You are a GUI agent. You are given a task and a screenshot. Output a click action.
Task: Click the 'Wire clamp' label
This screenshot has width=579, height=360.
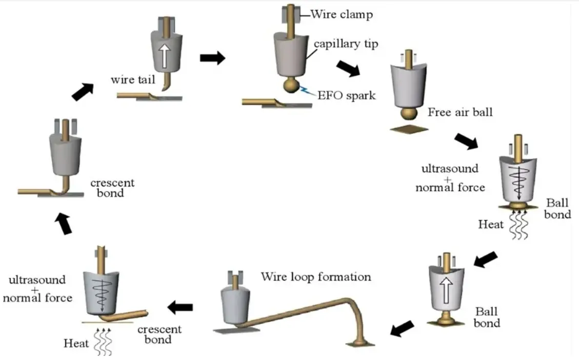342,14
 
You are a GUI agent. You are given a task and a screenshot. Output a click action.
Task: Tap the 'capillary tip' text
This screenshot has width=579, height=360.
346,44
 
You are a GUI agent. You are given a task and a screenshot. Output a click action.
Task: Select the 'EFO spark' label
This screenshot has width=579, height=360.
346,95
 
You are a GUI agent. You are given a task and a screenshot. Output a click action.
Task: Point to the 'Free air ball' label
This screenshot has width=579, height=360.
460,112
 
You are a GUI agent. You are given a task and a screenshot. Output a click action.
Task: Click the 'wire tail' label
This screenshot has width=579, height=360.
133,79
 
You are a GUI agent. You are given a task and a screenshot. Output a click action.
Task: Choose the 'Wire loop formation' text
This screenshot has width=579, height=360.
316,276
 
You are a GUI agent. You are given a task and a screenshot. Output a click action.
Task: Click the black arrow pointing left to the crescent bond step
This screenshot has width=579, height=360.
180,307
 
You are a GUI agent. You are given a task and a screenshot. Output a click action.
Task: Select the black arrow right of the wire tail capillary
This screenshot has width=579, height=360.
213,58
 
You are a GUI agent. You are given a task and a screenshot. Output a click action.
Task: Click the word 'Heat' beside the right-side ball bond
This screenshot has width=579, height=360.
491,224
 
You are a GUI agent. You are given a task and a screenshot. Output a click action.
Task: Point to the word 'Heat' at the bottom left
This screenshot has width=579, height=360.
76,344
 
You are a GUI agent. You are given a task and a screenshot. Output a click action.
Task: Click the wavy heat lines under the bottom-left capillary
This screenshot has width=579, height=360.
103,341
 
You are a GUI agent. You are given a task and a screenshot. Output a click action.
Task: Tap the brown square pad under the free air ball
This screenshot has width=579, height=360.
409,129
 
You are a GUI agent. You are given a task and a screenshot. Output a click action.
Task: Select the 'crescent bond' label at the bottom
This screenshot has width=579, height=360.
159,334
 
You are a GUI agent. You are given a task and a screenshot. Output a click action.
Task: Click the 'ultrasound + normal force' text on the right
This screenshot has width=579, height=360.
450,178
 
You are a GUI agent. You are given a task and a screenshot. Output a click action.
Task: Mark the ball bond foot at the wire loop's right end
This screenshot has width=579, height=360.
360,342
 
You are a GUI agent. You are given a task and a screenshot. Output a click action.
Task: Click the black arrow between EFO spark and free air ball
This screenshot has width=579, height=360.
348,69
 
